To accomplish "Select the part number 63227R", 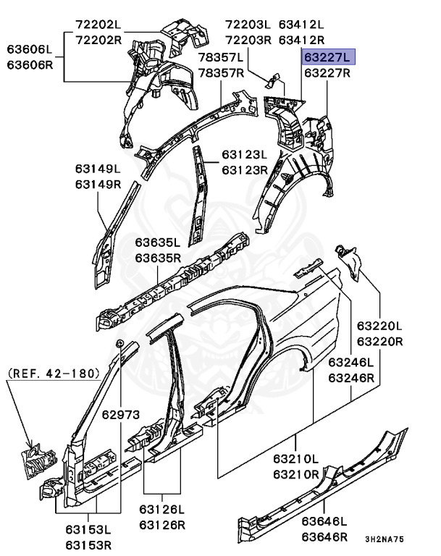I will (x=327, y=73).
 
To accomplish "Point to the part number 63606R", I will (x=30, y=65).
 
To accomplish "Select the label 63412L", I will (x=301, y=24).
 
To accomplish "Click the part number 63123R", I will (x=245, y=170).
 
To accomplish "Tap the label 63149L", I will (x=97, y=169).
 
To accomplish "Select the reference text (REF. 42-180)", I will (x=53, y=374).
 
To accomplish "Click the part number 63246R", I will (x=350, y=377).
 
